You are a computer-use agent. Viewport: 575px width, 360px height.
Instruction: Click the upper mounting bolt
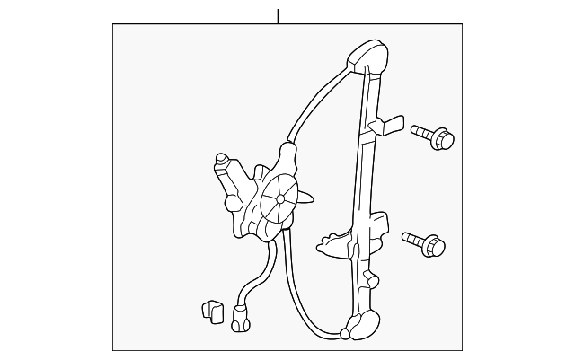click(x=433, y=137)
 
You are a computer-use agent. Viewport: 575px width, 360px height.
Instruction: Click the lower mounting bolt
click(x=424, y=241)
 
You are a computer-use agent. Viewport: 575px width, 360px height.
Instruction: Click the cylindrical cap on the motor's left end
click(x=221, y=163)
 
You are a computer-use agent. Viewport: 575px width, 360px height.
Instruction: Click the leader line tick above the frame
click(x=279, y=14)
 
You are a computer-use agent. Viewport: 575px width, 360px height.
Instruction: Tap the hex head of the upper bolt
click(x=445, y=140)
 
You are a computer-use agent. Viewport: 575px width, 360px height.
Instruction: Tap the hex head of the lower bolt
click(x=435, y=244)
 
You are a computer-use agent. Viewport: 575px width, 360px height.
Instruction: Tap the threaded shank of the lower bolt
click(x=412, y=238)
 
